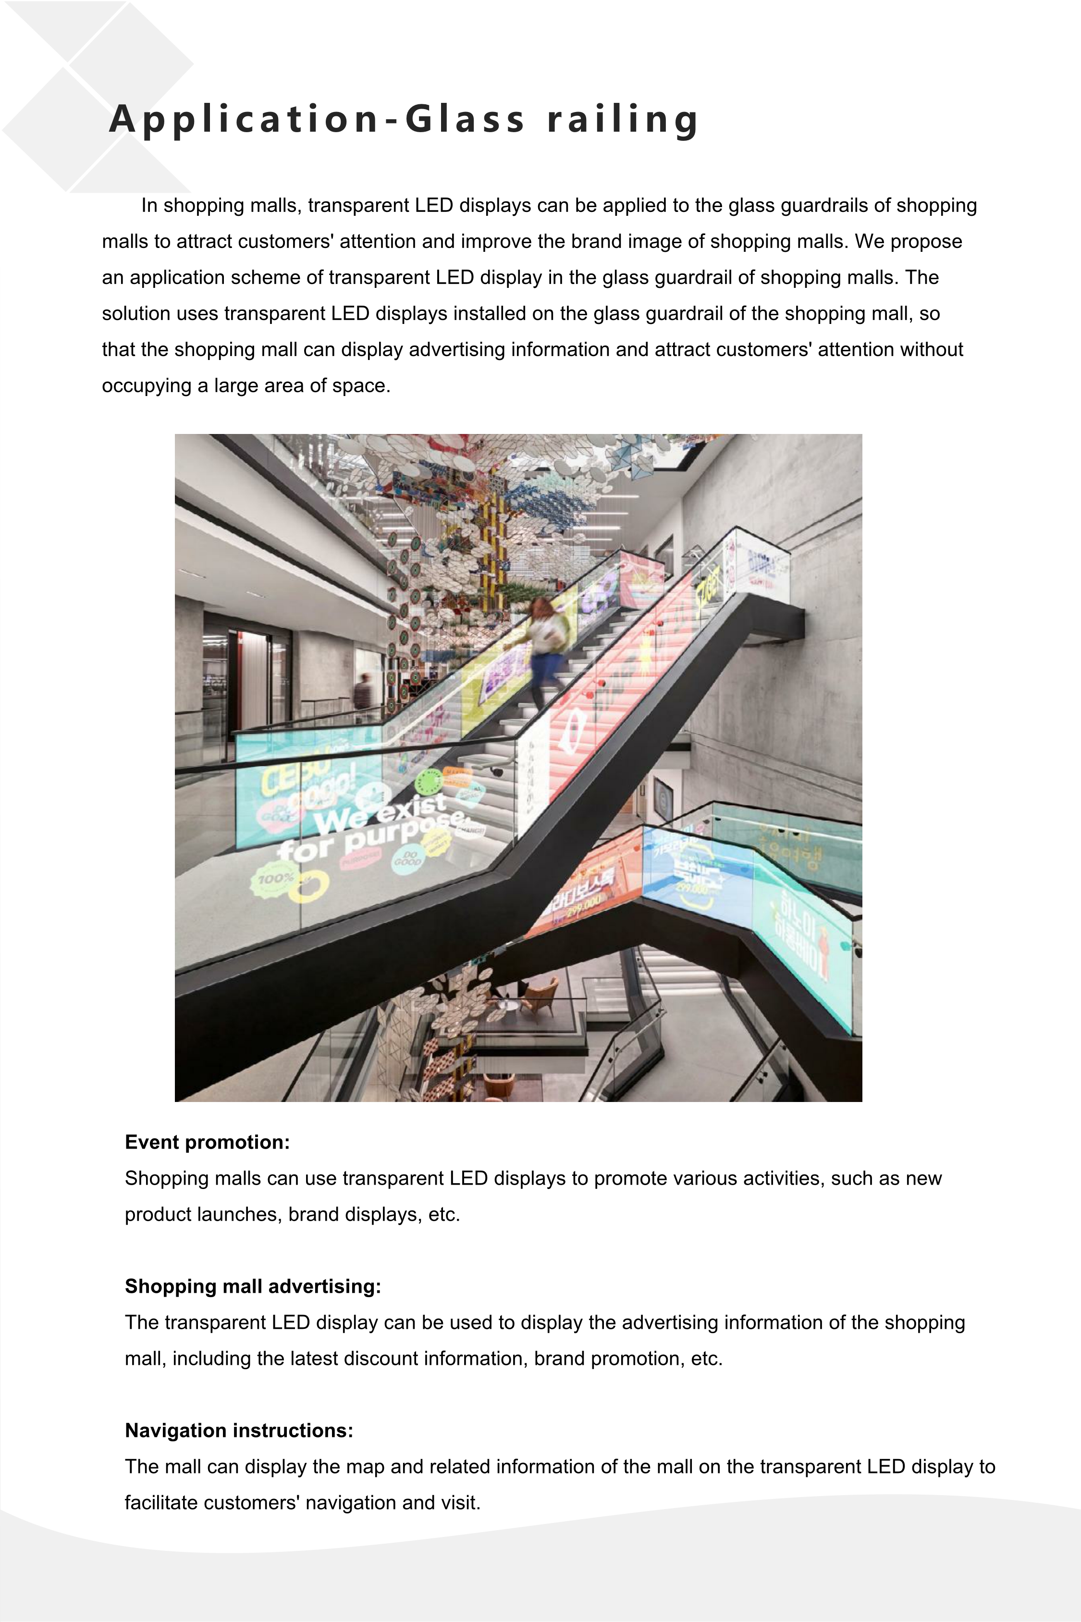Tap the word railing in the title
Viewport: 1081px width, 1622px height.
tap(623, 119)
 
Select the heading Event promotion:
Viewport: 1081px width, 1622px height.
tap(207, 1142)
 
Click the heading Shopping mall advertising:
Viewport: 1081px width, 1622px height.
tap(252, 1286)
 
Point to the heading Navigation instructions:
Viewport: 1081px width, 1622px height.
tap(238, 1430)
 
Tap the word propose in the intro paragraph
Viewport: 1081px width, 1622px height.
tap(927, 241)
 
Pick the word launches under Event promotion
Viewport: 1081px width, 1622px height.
tap(238, 1214)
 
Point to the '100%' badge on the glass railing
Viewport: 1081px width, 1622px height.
tap(276, 879)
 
